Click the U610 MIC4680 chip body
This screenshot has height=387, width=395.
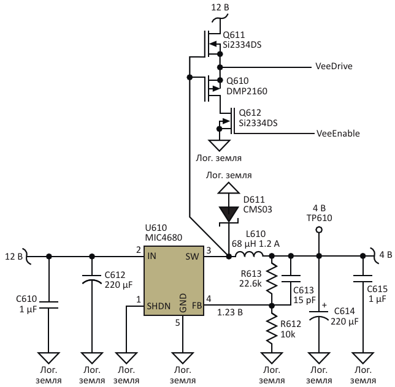(174, 280)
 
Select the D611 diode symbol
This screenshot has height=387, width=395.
(229, 214)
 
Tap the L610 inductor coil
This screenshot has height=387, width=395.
(249, 255)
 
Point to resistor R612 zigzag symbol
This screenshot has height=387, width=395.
(272, 328)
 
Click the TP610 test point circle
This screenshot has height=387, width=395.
(319, 230)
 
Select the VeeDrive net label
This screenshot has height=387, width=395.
(334, 66)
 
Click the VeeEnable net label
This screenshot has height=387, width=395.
(338, 133)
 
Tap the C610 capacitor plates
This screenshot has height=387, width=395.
(49, 305)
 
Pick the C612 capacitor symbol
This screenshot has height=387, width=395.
(92, 279)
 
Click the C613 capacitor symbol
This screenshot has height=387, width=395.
(291, 279)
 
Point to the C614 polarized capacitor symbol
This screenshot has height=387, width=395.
(319, 315)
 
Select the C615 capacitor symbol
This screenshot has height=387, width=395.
(362, 279)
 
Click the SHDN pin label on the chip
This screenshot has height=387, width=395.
(159, 306)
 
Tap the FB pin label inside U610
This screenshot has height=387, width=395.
(197, 306)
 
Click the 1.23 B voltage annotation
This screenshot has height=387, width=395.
(230, 312)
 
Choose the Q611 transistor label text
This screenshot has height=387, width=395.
(234, 35)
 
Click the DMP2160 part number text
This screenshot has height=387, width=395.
(247, 91)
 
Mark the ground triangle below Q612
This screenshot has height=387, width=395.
(219, 145)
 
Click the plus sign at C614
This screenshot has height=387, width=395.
(324, 305)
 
